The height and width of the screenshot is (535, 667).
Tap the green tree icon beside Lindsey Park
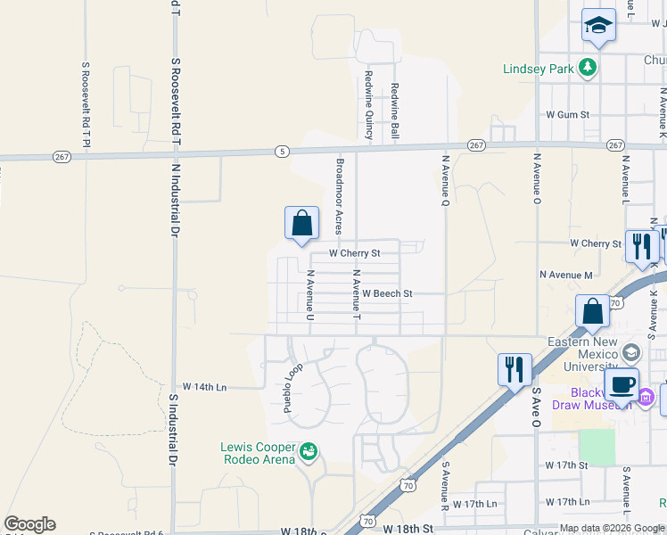pyautogui.click(x=588, y=68)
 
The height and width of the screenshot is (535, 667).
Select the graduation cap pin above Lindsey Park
pyautogui.click(x=599, y=27)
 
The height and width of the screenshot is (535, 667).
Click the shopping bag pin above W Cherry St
pyautogui.click(x=302, y=224)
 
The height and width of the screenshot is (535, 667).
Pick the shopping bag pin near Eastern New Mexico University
pyautogui.click(x=592, y=313)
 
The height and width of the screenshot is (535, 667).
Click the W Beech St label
pyautogui.click(x=387, y=293)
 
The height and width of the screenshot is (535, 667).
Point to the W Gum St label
pyautogui.click(x=568, y=115)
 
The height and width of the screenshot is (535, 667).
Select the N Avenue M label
pyautogui.click(x=566, y=276)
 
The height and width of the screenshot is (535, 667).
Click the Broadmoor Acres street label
pyautogui.click(x=340, y=197)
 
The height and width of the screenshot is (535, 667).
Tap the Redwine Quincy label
pyautogui.click(x=367, y=106)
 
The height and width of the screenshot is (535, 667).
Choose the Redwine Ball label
pyautogui.click(x=394, y=108)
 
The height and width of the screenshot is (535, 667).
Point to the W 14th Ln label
pyautogui.click(x=205, y=387)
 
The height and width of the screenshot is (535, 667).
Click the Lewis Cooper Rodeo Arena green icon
pyautogui.click(x=309, y=452)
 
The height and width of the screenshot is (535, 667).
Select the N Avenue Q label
pyautogui.click(x=445, y=179)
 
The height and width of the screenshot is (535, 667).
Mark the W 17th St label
pyautogui.click(x=567, y=465)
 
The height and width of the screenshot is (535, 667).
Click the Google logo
pyautogui.click(x=29, y=524)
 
